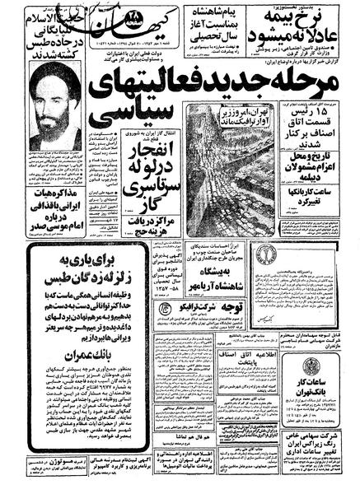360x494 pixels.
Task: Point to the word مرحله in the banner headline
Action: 311,79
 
